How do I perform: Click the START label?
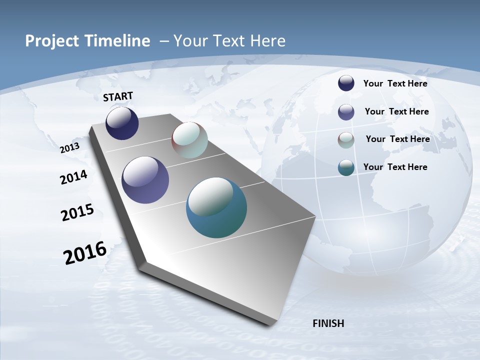pos(118,96)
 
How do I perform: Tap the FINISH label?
pos(328,323)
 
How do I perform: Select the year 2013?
pos(69,147)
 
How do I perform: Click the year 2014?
pos(73,177)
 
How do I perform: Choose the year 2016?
pos(85,253)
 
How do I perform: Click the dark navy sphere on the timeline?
pos(122,123)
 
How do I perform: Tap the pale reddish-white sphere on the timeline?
pos(189,140)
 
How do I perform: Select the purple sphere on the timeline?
pos(145,180)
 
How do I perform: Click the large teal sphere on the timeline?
pos(216,207)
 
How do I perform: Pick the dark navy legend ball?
pos(346,83)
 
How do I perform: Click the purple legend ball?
pos(346,112)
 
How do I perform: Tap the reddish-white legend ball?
pos(346,140)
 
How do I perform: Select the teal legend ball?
pos(346,167)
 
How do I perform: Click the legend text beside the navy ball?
pos(395,83)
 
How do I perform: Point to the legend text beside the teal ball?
pos(395,167)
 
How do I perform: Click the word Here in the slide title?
pos(267,41)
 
